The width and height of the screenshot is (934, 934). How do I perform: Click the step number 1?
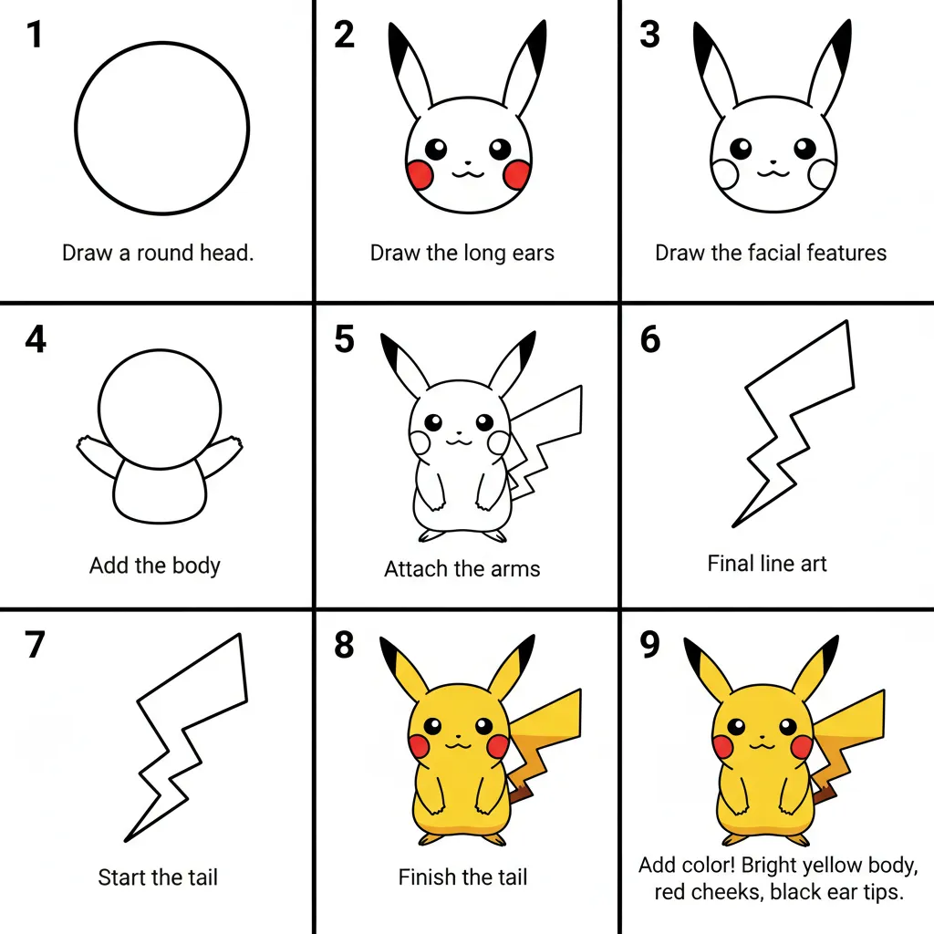pyautogui.click(x=35, y=35)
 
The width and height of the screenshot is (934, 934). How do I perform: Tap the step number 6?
pyautogui.click(x=649, y=339)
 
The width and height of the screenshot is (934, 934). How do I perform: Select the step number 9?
pyautogui.click(x=649, y=645)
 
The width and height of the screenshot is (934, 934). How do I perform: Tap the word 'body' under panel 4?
pyautogui.click(x=196, y=566)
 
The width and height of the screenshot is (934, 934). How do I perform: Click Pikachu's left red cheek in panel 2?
pyautogui.click(x=420, y=174)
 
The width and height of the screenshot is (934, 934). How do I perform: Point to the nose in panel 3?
pyautogui.click(x=773, y=161)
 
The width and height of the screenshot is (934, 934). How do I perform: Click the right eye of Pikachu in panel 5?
pyautogui.click(x=485, y=422)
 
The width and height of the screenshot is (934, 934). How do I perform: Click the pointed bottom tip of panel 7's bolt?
pyautogui.click(x=125, y=841)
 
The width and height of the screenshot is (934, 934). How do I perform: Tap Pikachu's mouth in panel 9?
pyautogui.click(x=762, y=745)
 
